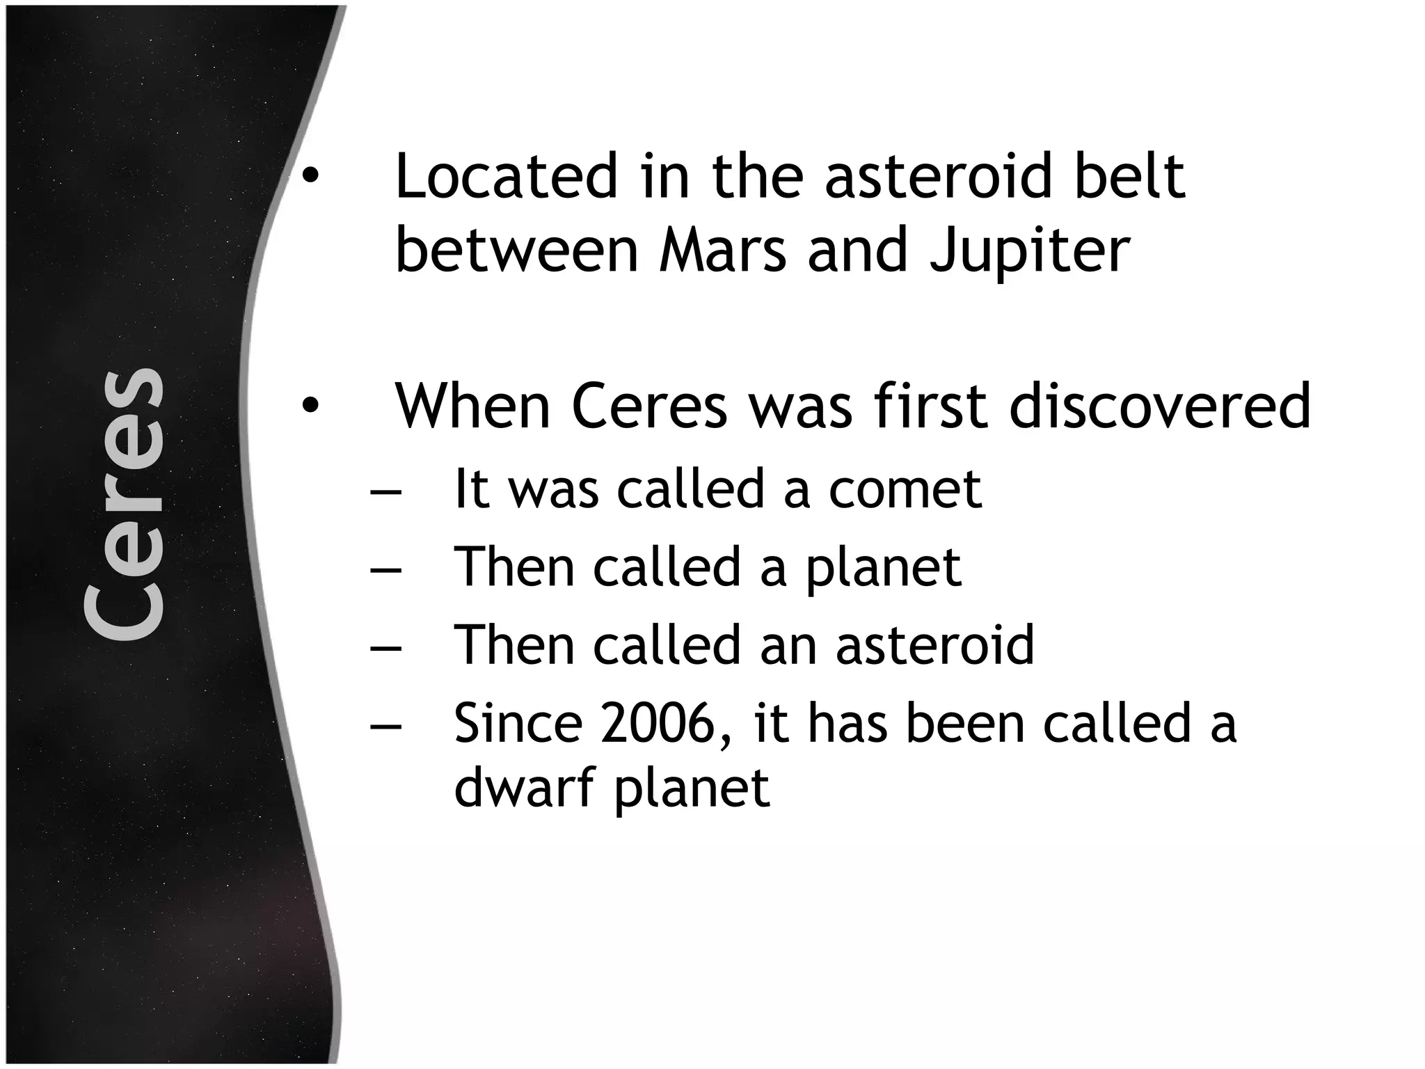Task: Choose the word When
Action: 472,406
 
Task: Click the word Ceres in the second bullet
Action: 649,406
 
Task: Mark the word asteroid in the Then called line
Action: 934,645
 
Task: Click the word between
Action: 516,251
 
